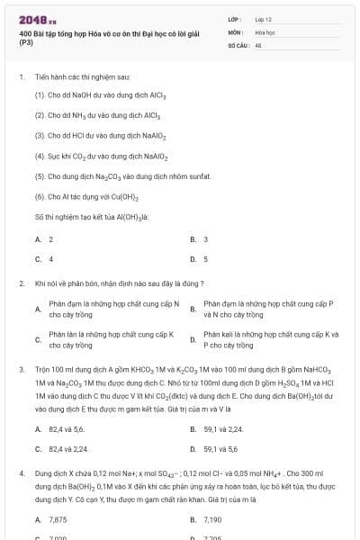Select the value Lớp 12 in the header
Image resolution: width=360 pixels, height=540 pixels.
click(263, 19)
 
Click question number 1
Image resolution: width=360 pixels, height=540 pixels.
click(21, 77)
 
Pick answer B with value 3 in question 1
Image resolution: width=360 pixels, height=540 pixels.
click(205, 239)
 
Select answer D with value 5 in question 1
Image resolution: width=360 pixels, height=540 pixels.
click(205, 259)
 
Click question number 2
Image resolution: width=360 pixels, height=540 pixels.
click(21, 283)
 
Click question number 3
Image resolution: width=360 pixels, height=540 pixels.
click(21, 369)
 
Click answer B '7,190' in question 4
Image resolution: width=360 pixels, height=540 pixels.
click(213, 519)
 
